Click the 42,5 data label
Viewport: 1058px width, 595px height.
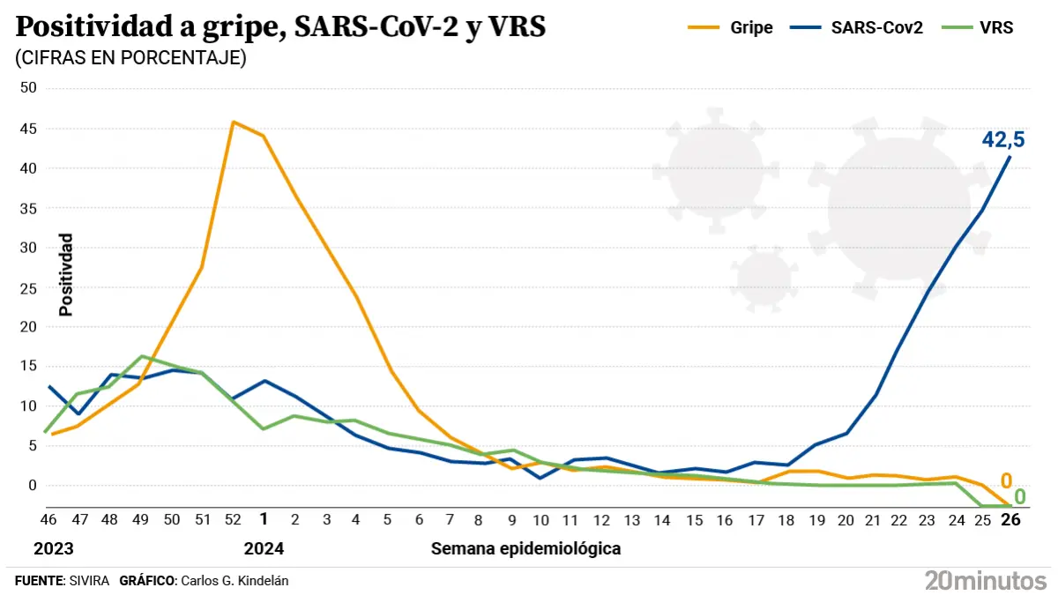coord(1003,139)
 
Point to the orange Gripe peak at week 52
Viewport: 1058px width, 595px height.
coord(233,122)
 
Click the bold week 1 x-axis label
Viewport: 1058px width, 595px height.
coord(263,520)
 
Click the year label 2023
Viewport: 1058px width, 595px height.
coord(53,548)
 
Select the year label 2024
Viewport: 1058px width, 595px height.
coord(264,548)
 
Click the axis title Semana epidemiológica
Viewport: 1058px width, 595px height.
coord(525,548)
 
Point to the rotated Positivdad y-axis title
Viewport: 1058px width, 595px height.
coord(65,274)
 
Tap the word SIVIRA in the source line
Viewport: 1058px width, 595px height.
coord(89,581)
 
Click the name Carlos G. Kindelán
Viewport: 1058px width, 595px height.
coord(234,581)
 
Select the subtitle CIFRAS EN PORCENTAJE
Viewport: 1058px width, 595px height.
coord(130,58)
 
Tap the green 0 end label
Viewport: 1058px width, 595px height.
coord(1019,496)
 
